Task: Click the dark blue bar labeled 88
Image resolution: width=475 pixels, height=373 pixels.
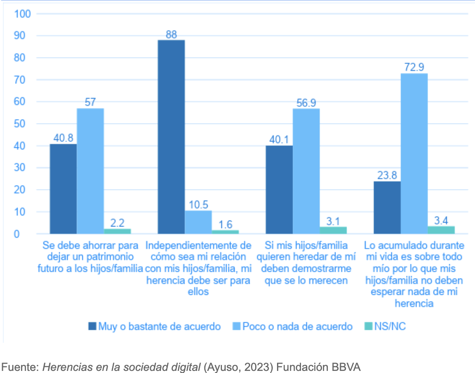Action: point(171,137)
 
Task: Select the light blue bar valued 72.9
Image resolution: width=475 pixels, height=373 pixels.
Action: point(414,153)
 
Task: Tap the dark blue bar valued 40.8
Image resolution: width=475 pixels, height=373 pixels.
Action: point(63,189)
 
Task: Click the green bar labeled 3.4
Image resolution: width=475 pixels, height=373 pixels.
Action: point(441,230)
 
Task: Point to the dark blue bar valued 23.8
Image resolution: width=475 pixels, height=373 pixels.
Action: point(387,207)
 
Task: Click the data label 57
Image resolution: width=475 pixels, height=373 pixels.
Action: point(90,102)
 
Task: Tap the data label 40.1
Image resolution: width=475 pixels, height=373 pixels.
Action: point(279,139)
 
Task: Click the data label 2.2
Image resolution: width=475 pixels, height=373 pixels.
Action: point(117,222)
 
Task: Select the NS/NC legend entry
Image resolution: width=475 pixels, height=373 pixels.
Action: point(384,326)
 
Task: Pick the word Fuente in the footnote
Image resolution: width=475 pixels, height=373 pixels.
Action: point(19,367)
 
